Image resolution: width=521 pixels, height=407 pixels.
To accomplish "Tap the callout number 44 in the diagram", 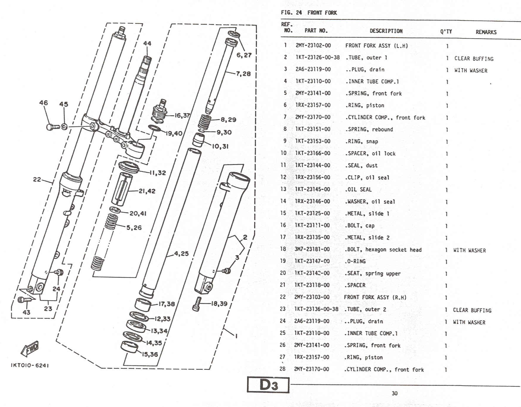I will pyautogui.click(x=147, y=43).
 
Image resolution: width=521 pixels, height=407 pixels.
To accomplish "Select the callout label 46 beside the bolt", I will pyautogui.click(x=43, y=103).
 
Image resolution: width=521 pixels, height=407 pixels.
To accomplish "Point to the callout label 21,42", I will pyautogui.click(x=147, y=191).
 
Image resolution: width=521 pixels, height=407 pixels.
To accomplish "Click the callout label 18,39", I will pyautogui.click(x=219, y=303).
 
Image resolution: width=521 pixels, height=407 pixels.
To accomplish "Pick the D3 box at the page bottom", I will pyautogui.click(x=268, y=385).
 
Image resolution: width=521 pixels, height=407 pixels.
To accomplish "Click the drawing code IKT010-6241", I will pyautogui.click(x=30, y=365).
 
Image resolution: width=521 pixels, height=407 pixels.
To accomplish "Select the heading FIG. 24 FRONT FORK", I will pyautogui.click(x=309, y=13).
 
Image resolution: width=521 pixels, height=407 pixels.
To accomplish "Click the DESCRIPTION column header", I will pyautogui.click(x=386, y=31).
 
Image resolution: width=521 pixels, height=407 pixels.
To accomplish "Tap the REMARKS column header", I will pyautogui.click(x=486, y=32).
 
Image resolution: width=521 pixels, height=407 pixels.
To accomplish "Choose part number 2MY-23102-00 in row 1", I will pyautogui.click(x=313, y=45).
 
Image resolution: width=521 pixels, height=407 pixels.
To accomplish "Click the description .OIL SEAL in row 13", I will pyautogui.click(x=358, y=189).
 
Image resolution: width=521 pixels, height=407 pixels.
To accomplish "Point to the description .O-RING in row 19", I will pyautogui.click(x=355, y=261).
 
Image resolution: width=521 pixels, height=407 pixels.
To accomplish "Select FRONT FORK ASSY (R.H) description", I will pyautogui.click(x=375, y=297).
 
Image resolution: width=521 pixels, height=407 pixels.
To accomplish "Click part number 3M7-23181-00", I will pyautogui.click(x=312, y=249).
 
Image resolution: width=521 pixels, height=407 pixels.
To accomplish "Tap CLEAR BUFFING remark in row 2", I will pyautogui.click(x=474, y=58).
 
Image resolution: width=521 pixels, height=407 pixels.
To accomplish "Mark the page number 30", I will pyautogui.click(x=395, y=393).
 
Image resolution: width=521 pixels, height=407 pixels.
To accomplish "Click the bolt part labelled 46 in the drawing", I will pyautogui.click(x=52, y=127).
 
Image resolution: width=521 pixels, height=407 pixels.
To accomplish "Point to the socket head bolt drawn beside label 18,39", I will pyautogui.click(x=197, y=304).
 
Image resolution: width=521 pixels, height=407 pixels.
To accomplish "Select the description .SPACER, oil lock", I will pyautogui.click(x=370, y=153).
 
